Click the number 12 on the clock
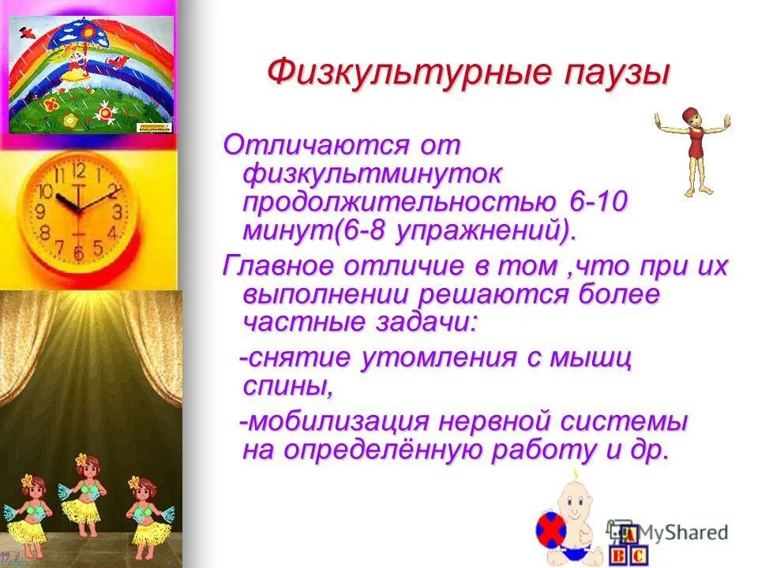click(x=78, y=171)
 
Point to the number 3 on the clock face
click(x=117, y=211)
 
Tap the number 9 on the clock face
click(x=40, y=211)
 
